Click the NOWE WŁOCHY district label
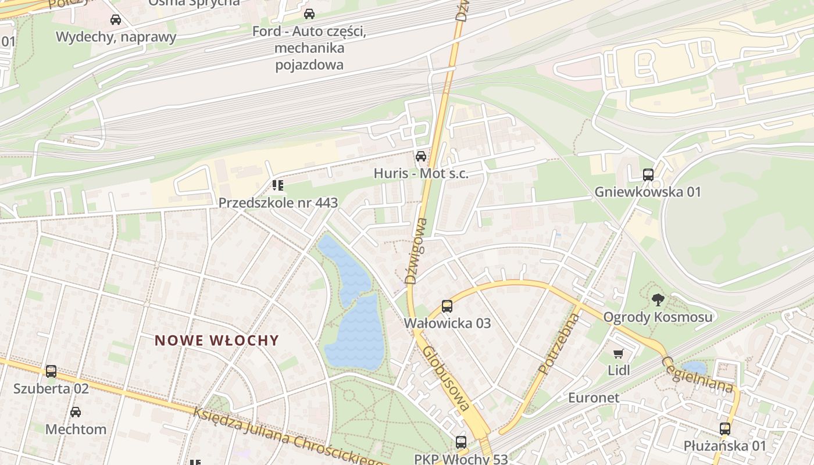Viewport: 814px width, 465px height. pos(217,341)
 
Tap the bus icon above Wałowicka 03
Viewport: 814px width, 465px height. pos(447,306)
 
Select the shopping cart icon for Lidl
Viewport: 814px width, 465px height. pos(619,353)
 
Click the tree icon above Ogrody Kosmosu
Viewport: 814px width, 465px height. pos(658,300)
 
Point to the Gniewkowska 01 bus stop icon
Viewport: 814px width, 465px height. pos(648,175)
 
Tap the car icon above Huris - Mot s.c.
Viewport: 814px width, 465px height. pos(420,156)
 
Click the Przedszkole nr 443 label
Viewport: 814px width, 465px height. pos(278,203)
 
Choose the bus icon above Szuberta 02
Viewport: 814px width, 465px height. pos(51,371)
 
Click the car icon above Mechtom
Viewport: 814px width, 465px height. pos(76,412)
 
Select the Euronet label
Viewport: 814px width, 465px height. pos(594,398)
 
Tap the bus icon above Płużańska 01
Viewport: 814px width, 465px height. pos(724,429)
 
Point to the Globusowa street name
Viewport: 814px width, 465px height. pos(447,379)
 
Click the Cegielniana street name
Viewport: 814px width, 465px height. pos(697,375)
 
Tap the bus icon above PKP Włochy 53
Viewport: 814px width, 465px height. pos(461,442)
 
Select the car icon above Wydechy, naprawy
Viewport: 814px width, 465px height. pos(116,20)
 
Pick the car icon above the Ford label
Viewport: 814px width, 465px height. pos(309,14)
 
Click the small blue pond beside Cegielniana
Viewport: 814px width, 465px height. pos(694,367)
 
